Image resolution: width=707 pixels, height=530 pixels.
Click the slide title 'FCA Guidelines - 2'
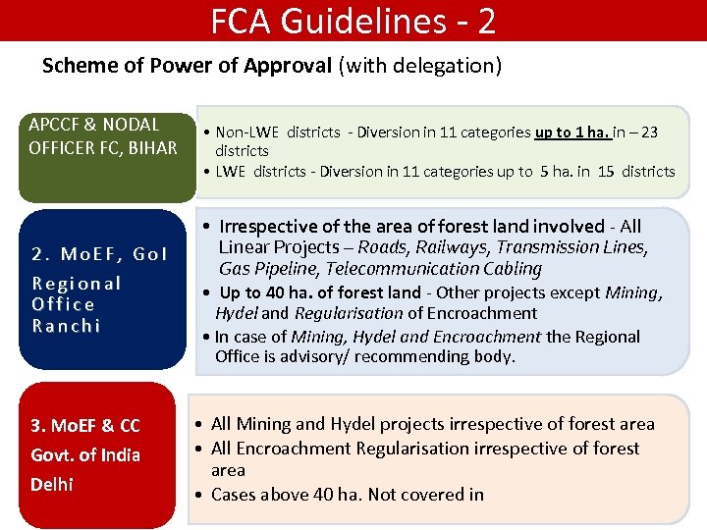pyautogui.click(x=353, y=21)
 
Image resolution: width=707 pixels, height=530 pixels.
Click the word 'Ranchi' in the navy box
pyautogui.click(x=67, y=326)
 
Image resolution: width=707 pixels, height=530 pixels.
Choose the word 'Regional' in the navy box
pyautogui.click(x=77, y=284)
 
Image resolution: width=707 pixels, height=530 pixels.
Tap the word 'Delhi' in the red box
pyautogui.click(x=51, y=484)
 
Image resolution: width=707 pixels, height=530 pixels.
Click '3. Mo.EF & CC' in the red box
pyautogui.click(x=85, y=426)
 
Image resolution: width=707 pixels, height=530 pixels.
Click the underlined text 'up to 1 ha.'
pyautogui.click(x=572, y=132)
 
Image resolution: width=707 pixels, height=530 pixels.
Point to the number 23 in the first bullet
pyautogui.click(x=649, y=132)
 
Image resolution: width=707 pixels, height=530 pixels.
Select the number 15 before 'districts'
pyautogui.click(x=606, y=172)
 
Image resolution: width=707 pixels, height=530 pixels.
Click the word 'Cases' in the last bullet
pyautogui.click(x=233, y=495)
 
